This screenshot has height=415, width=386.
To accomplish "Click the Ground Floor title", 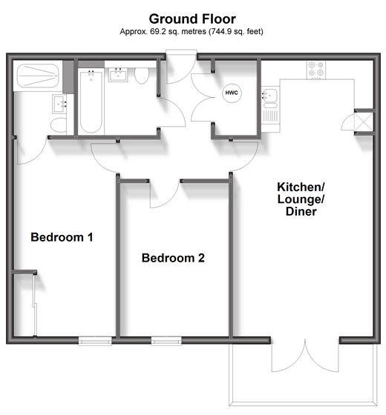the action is [192, 19].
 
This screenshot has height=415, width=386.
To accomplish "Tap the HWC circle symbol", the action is [232, 93].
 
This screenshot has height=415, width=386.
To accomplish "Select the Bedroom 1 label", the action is [62, 237].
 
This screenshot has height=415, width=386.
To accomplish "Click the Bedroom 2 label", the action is [173, 258].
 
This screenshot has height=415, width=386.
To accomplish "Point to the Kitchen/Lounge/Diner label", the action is [301, 199].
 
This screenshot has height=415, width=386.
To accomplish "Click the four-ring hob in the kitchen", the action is [316, 70].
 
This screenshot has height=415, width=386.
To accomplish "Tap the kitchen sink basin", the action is [270, 96].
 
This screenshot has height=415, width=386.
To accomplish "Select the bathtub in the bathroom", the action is [91, 102].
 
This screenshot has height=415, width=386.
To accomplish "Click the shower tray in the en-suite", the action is [38, 76].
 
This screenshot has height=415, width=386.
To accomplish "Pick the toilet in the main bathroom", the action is [142, 76].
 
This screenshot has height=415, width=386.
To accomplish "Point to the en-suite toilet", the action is [59, 125].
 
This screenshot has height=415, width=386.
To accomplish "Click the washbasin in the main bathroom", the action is [118, 75].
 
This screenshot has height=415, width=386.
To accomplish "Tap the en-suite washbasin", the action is [59, 104].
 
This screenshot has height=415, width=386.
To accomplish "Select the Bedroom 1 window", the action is [95, 341].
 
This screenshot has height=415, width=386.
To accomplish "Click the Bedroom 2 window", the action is [166, 341].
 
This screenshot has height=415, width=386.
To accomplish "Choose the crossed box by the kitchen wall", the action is [364, 122].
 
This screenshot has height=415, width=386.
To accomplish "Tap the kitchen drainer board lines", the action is [270, 116].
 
